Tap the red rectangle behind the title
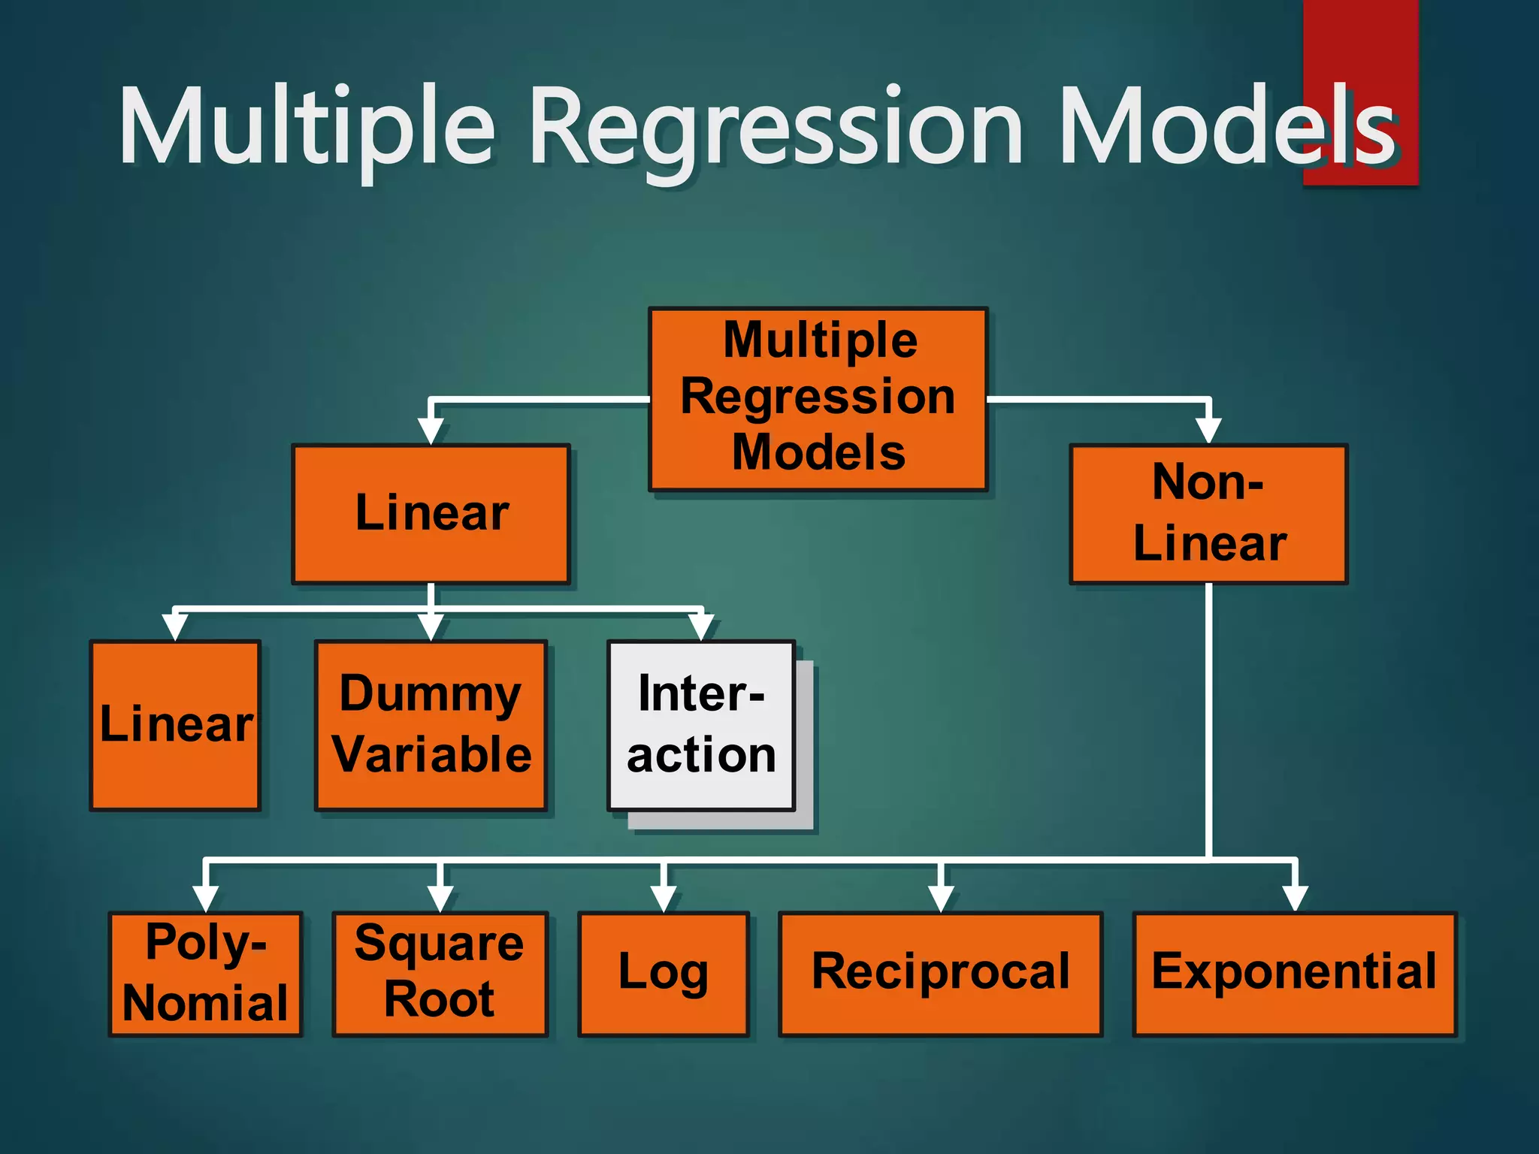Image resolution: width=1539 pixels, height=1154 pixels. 1360,45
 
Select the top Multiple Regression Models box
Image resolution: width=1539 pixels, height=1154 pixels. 818,398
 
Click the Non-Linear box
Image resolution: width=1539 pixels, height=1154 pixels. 1208,514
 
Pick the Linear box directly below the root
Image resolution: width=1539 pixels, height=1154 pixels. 431,514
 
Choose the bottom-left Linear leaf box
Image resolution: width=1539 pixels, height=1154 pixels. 175,725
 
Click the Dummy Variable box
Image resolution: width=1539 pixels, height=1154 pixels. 431,725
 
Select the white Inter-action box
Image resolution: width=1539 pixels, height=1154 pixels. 701,725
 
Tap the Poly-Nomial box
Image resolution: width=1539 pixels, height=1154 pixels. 205,974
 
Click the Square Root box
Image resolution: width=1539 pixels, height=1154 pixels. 440,974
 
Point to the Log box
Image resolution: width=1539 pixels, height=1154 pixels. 664,974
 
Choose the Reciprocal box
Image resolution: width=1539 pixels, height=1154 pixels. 941,974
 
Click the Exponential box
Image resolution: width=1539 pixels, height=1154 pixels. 1294,974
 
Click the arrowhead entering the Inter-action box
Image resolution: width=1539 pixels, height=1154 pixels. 701,627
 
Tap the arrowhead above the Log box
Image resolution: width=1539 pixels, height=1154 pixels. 664,899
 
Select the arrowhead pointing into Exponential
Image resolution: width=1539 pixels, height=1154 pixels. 1295,899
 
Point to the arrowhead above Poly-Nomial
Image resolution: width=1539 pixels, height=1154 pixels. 205,899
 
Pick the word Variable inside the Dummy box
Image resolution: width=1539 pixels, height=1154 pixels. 432,755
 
